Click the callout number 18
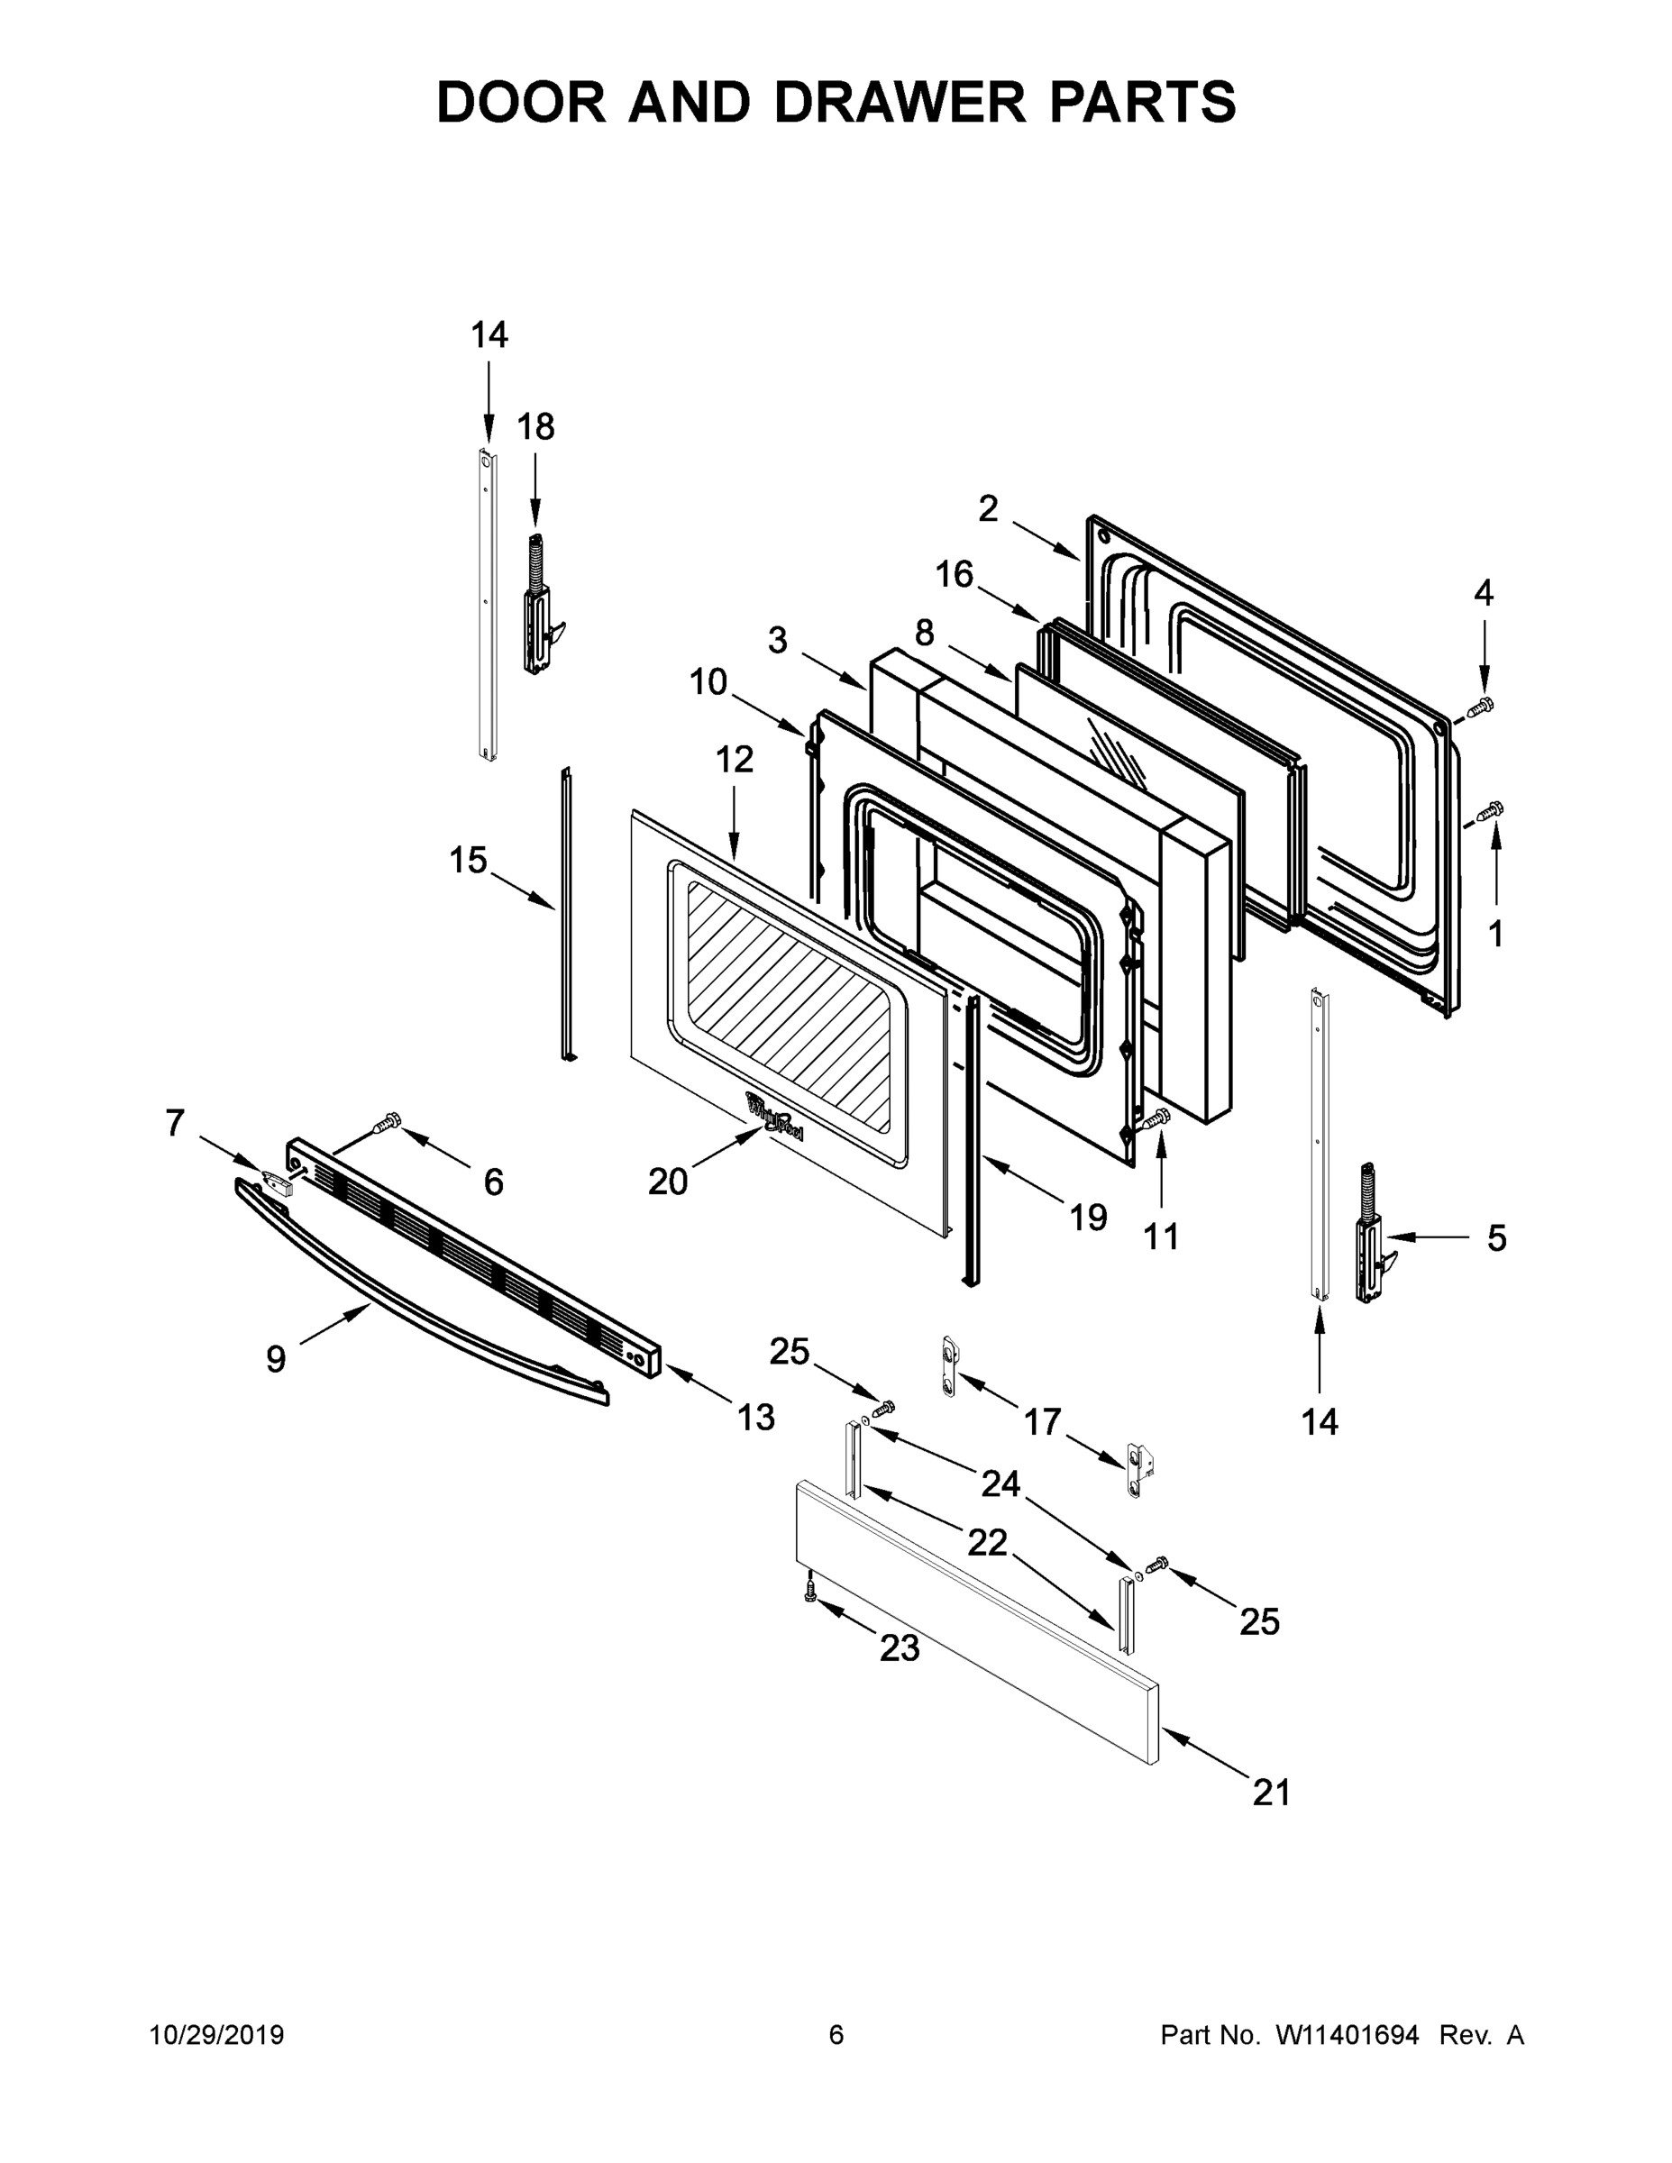pyautogui.click(x=536, y=427)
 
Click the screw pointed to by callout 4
pyautogui.click(x=1480, y=707)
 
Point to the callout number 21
pyautogui.click(x=1271, y=1792)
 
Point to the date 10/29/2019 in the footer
pyautogui.click(x=217, y=2035)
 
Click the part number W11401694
pyautogui.click(x=1348, y=2035)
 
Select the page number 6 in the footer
pyautogui.click(x=836, y=2035)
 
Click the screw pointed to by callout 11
pyautogui.click(x=1158, y=1120)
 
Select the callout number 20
pyautogui.click(x=667, y=1181)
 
